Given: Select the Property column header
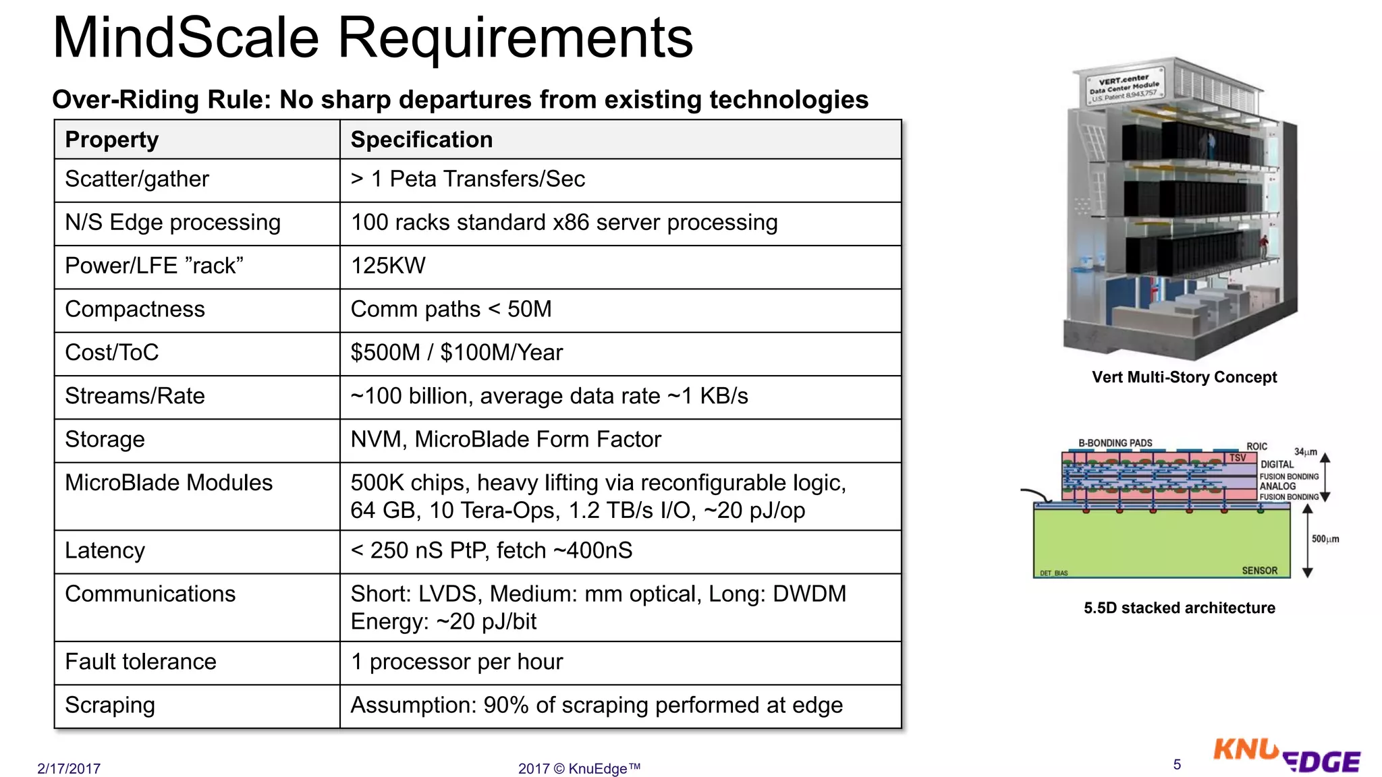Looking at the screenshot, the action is (112, 140).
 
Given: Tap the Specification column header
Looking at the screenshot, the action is (422, 140).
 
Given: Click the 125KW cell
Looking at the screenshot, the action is (388, 266).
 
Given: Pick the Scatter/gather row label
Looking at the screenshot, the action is (137, 179).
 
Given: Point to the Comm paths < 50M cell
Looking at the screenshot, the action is (451, 310).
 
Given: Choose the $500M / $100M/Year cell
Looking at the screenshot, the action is (456, 353).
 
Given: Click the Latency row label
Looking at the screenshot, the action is (105, 551).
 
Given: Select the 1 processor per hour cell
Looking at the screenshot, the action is (457, 662).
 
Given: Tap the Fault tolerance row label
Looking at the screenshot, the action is (140, 662).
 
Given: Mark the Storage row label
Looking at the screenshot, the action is (105, 440).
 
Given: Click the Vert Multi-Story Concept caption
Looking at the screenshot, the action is (1184, 377).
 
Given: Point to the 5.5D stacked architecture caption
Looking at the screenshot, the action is (1180, 608).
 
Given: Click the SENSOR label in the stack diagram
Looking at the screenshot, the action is (1259, 571).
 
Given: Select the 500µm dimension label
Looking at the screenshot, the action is (1325, 539).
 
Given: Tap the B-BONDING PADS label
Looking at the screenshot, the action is (1115, 443).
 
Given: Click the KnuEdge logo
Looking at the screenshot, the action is (1286, 755).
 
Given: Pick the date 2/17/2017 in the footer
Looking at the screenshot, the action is (69, 768).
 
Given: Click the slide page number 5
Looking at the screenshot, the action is (1177, 764).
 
